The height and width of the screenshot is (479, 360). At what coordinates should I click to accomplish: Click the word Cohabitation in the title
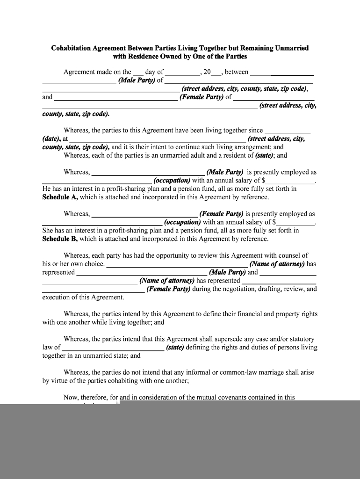(71, 48)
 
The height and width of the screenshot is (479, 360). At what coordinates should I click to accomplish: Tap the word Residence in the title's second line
(144, 57)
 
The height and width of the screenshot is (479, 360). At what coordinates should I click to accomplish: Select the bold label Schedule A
(60, 197)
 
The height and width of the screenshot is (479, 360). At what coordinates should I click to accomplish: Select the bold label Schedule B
(60, 239)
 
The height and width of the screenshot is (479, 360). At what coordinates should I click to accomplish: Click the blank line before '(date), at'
(287, 131)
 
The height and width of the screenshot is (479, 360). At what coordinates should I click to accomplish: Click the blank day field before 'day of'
(138, 73)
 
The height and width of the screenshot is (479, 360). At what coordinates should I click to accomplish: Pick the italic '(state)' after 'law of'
(175, 348)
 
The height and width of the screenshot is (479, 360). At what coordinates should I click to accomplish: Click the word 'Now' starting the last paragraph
(70, 398)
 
